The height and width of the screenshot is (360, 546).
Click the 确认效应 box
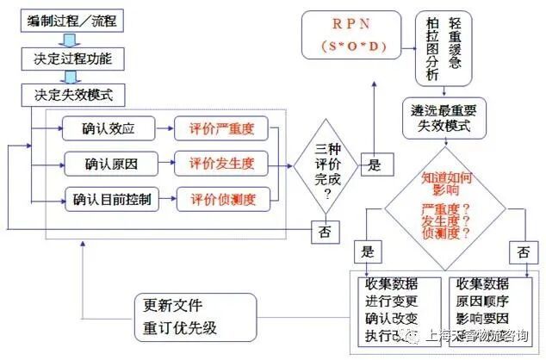(x=109, y=129)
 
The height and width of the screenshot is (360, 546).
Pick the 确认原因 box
(x=109, y=164)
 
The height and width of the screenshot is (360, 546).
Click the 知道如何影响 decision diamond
(x=445, y=204)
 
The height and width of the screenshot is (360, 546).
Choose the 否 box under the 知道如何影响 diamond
(x=519, y=255)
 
